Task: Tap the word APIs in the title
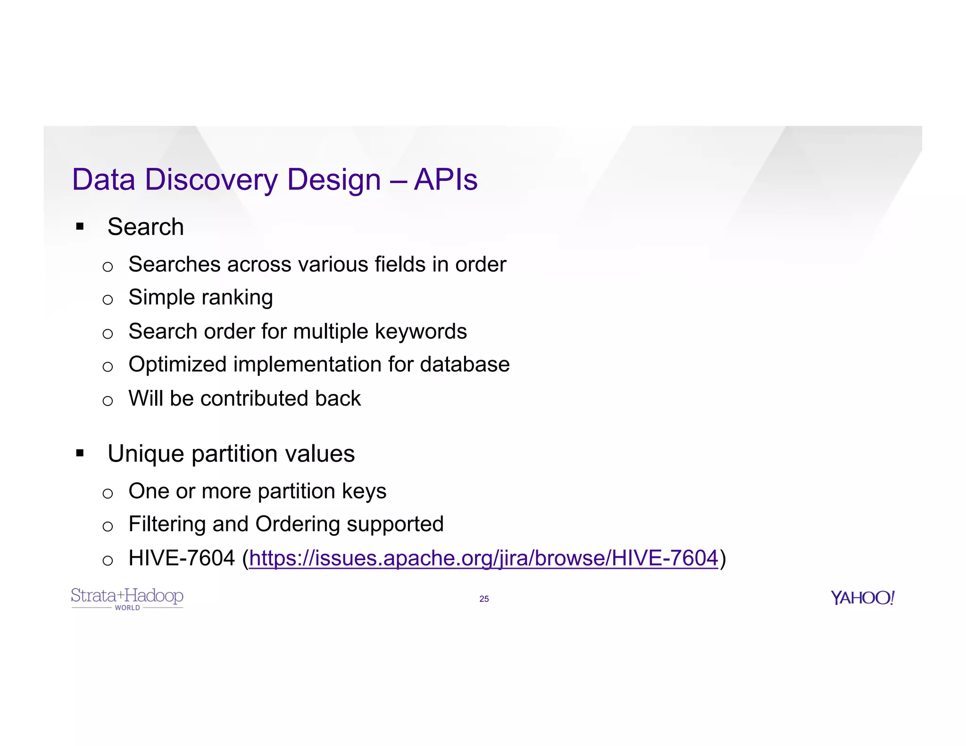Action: click(445, 180)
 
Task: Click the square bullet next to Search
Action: click(80, 227)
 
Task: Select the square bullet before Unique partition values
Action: click(80, 454)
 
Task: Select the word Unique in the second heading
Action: click(146, 454)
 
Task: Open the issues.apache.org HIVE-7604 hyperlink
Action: click(483, 558)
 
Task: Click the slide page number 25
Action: click(484, 599)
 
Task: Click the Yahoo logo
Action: click(862, 598)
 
